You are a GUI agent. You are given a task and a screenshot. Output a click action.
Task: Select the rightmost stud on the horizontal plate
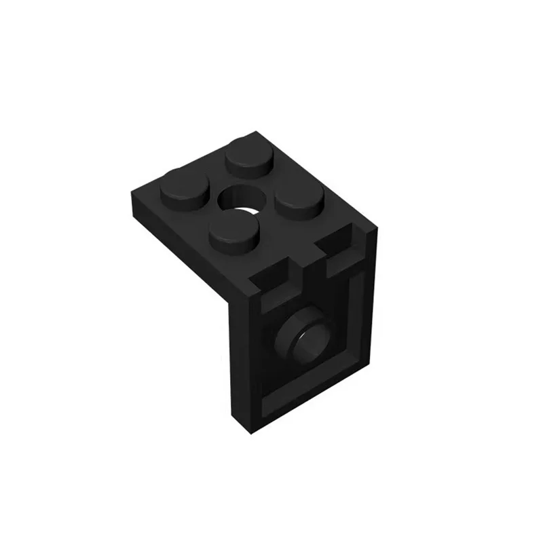(299, 200)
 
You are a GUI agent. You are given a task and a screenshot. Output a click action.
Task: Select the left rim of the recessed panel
(263, 360)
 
